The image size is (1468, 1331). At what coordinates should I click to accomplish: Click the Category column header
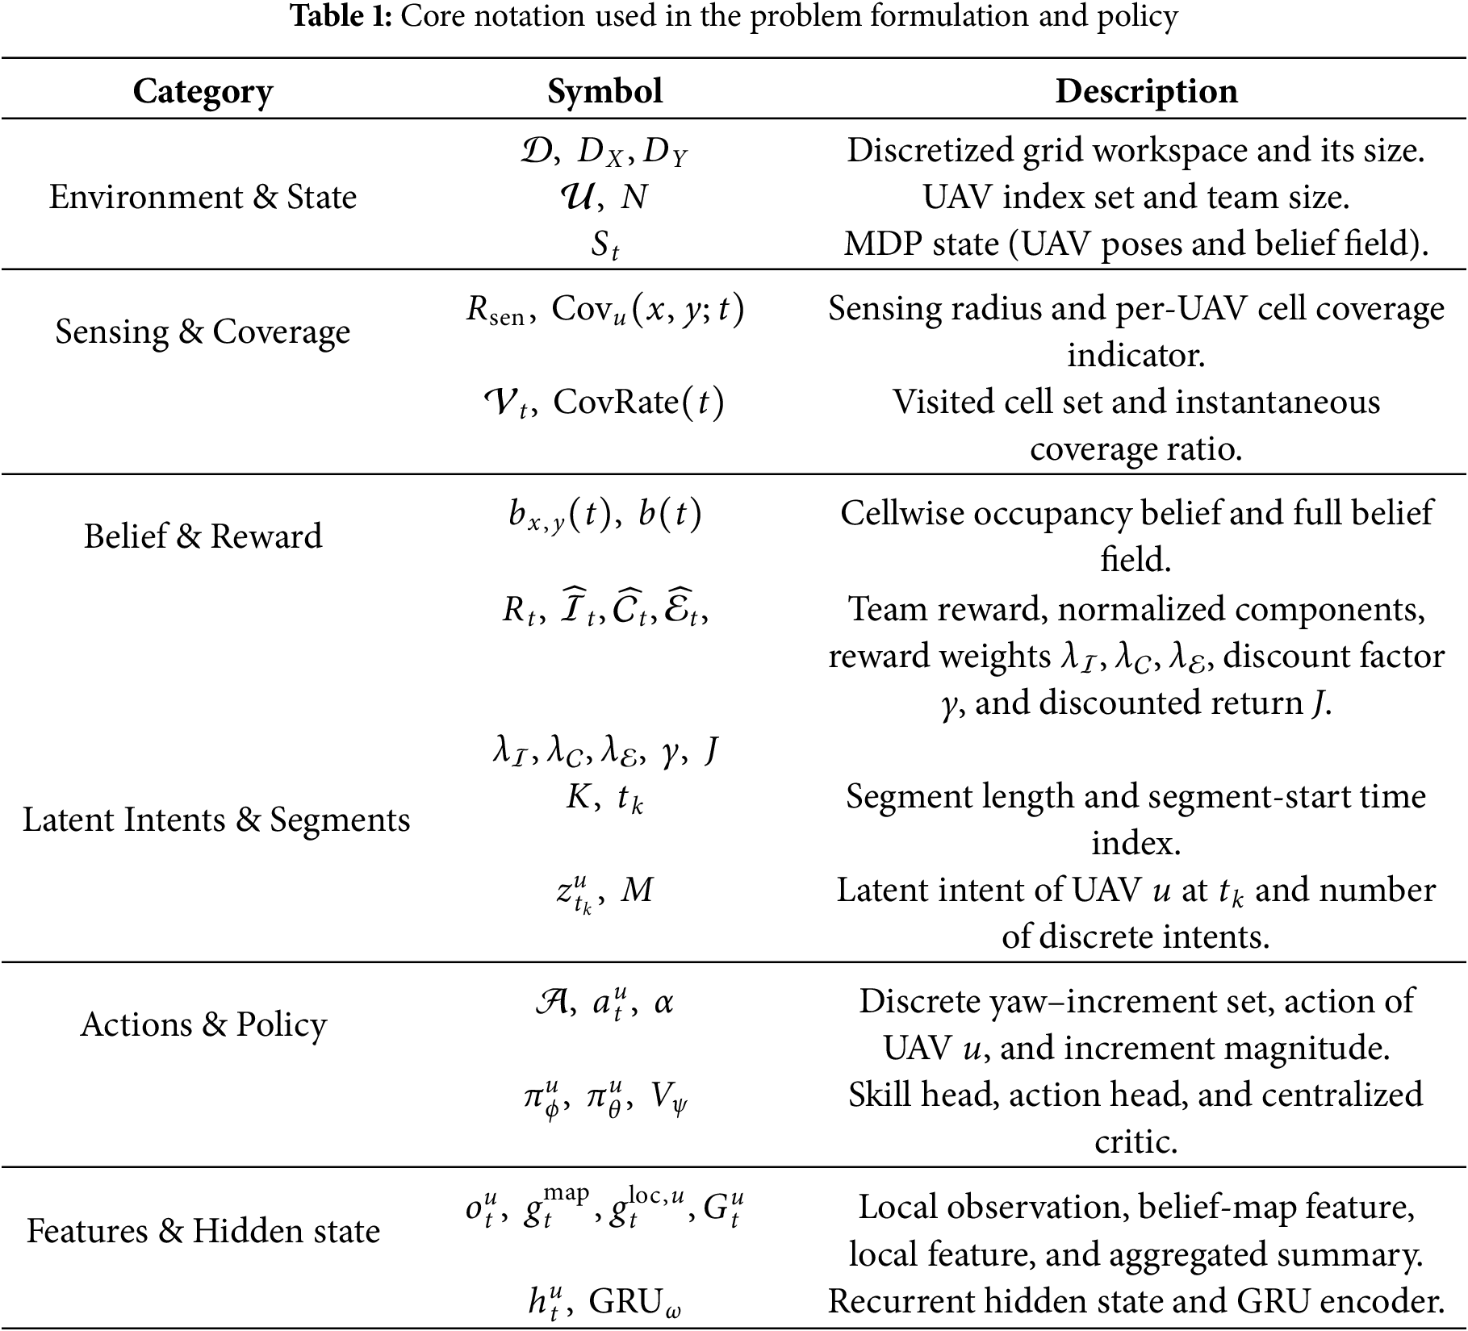click(203, 91)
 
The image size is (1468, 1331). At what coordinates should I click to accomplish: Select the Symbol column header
click(604, 91)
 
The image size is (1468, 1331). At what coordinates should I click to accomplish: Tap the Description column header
click(1146, 91)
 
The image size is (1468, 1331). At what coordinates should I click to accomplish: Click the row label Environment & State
click(203, 197)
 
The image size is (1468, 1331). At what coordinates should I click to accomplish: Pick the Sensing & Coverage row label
click(203, 332)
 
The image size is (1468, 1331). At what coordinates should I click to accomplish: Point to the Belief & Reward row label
click(203, 536)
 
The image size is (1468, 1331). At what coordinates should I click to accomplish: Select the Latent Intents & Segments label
click(216, 820)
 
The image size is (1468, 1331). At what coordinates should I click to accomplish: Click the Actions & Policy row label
click(203, 1024)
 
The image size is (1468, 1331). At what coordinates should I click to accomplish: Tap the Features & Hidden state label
click(203, 1231)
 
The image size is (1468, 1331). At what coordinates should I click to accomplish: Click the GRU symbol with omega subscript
click(634, 1302)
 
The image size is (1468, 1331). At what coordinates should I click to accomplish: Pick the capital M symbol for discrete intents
click(637, 891)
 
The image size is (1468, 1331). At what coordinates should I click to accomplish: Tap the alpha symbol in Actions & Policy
click(663, 1003)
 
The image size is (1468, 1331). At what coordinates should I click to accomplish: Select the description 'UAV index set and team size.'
click(1136, 197)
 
